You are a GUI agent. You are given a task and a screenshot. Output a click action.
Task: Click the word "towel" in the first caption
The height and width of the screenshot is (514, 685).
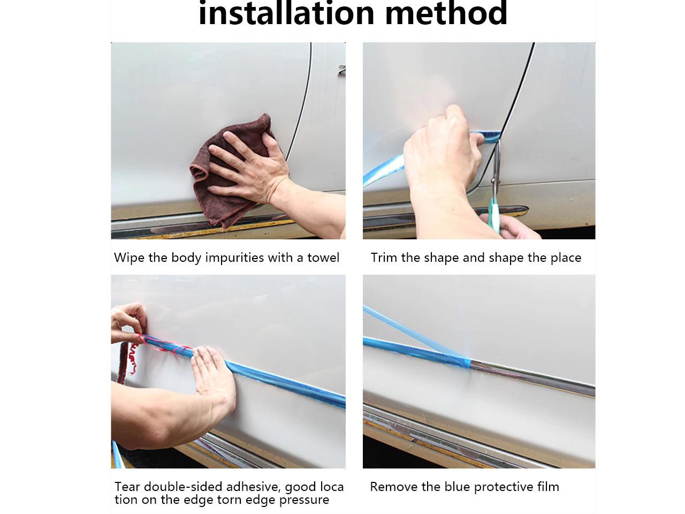click(323, 258)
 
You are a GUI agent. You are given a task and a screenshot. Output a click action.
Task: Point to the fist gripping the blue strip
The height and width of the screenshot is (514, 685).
click(443, 150)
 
